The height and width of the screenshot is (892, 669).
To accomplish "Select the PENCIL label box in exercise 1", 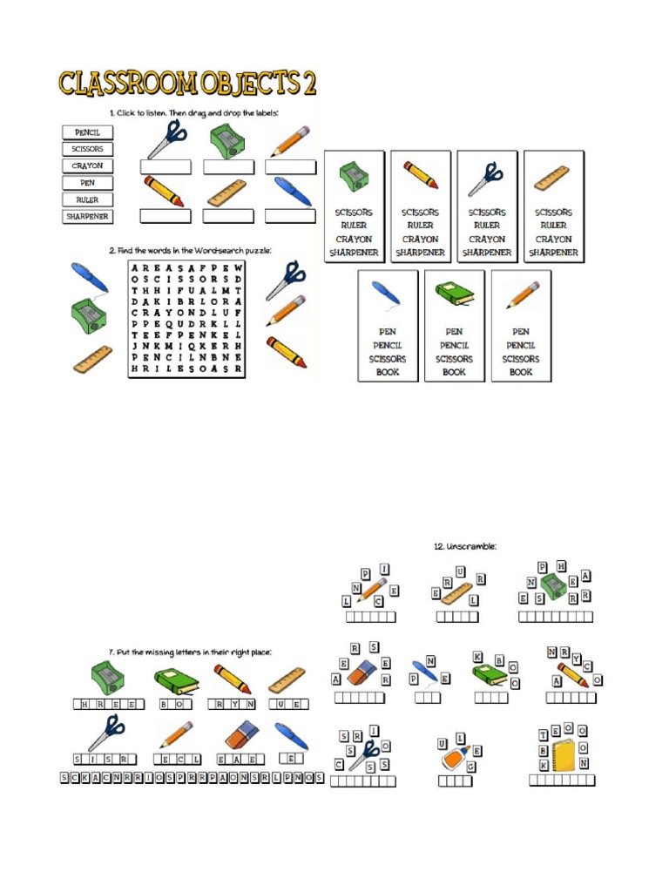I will tap(88, 132).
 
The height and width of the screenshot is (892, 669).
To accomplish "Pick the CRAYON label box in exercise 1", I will tap(88, 166).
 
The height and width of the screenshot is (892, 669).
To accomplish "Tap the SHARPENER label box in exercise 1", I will tap(88, 216).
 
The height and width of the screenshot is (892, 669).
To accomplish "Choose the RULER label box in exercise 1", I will tap(88, 199).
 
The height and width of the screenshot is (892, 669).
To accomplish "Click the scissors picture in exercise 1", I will tap(166, 139).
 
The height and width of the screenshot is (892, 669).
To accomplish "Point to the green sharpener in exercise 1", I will tap(227, 140).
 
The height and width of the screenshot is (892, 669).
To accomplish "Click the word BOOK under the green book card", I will tap(454, 372).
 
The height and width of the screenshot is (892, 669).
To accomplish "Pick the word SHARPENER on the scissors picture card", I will tap(487, 253).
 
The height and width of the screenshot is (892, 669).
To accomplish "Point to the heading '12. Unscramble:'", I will tap(465, 546).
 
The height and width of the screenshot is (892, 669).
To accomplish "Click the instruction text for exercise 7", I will tap(191, 652).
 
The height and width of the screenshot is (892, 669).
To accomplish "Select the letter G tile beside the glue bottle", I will tap(471, 767).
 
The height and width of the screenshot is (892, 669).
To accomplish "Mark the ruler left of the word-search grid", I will tap(92, 359).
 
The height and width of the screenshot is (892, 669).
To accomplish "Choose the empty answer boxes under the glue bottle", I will tap(455, 781).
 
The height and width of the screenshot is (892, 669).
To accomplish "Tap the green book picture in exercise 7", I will tap(177, 680).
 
